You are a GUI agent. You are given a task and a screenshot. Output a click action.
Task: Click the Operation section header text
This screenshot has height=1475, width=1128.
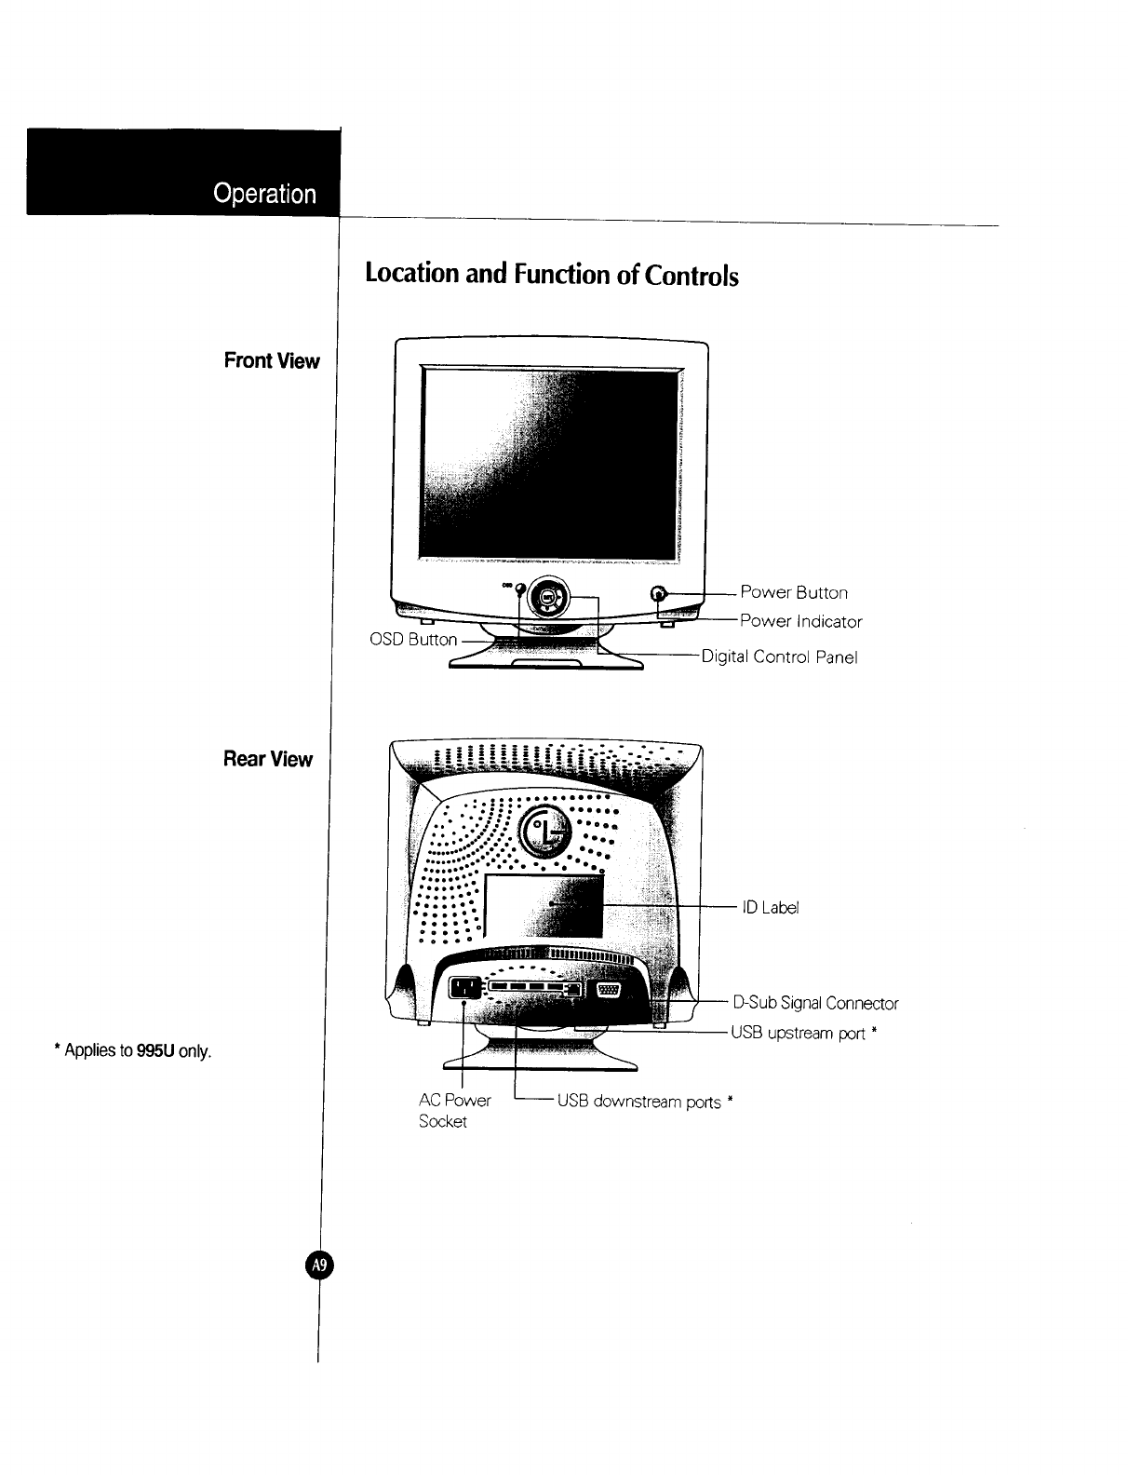tap(264, 194)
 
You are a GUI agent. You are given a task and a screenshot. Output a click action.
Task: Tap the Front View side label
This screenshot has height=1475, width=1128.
tap(271, 361)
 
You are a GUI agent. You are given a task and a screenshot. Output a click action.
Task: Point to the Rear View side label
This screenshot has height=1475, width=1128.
tap(267, 759)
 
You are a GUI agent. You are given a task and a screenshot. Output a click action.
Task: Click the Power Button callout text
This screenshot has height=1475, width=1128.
tap(794, 592)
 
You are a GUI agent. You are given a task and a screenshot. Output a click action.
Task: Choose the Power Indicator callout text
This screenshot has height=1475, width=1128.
tap(800, 621)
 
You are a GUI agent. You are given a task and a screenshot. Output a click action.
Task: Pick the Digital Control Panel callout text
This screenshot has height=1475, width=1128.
tap(778, 657)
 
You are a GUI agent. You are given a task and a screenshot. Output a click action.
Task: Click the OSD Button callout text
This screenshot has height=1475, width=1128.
tap(413, 640)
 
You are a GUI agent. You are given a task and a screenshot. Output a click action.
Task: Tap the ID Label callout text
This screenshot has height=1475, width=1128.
tap(771, 907)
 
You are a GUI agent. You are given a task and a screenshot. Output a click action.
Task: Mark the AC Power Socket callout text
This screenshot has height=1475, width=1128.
tap(454, 1110)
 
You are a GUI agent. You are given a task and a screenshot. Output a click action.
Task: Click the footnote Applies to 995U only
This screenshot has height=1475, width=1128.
tap(133, 1052)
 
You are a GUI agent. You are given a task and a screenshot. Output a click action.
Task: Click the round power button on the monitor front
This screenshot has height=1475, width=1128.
tap(660, 593)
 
